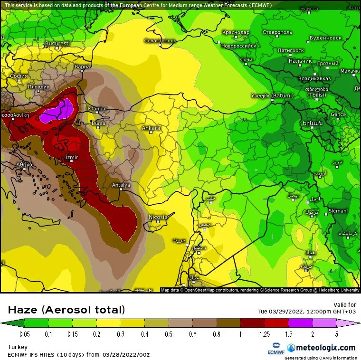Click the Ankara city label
point(151,128)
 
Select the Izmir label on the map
point(72,157)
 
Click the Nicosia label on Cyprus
point(158,217)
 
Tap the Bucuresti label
point(57,44)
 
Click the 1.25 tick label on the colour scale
point(265,334)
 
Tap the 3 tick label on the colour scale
point(337,334)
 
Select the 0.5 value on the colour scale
point(168,334)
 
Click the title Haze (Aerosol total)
point(66,310)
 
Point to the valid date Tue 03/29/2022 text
point(304,312)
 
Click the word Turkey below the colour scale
point(18,347)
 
